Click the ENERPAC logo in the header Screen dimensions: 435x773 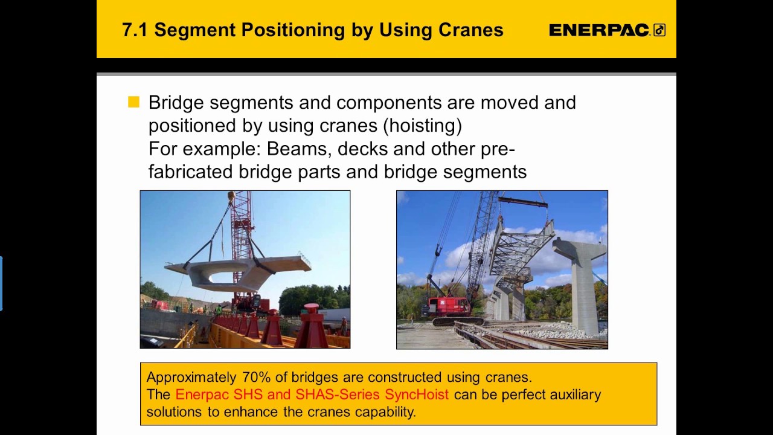606,30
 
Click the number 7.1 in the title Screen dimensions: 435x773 135,30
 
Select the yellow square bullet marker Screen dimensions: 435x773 133,102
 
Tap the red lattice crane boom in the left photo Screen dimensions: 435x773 242,224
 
